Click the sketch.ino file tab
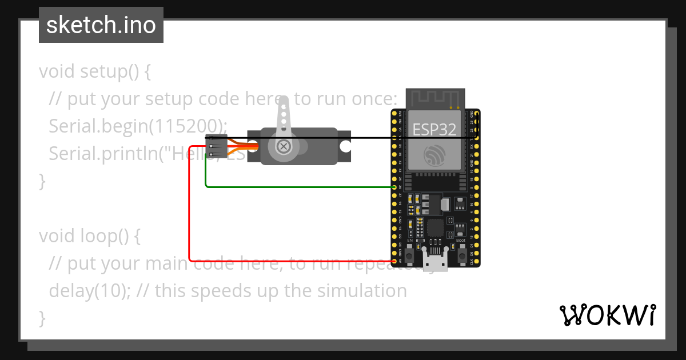coord(101,25)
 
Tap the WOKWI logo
coord(607,315)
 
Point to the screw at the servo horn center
coord(283,146)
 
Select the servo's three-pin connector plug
coord(216,146)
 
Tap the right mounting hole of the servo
coord(345,146)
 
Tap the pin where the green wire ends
coord(394,187)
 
